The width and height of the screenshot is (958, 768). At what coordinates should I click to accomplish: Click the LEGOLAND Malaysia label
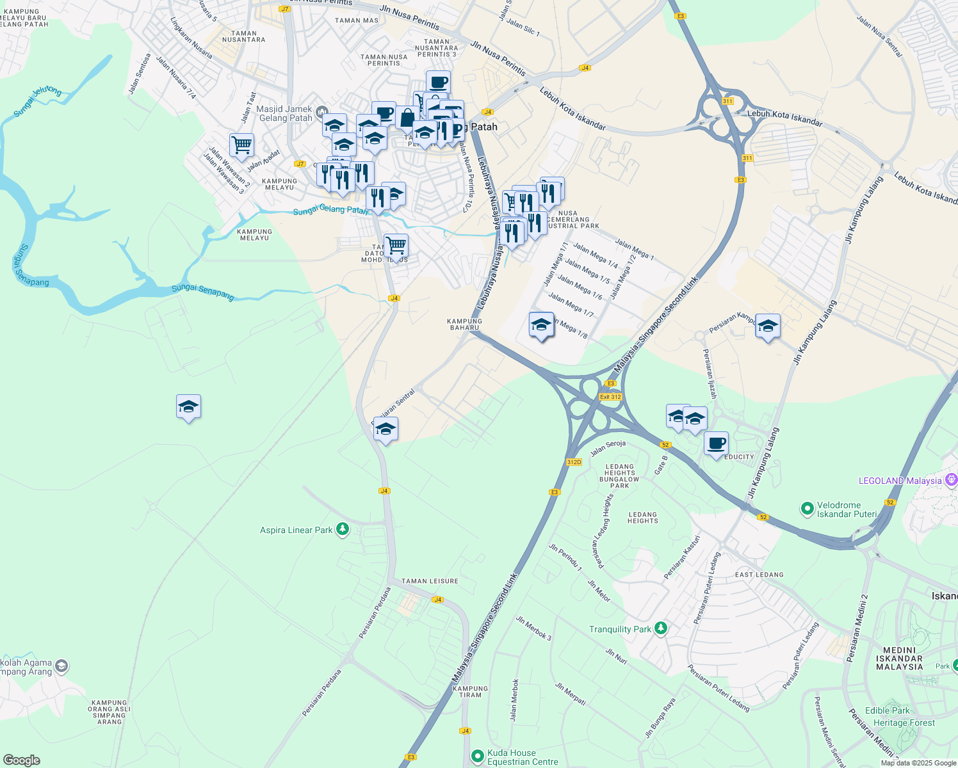(900, 481)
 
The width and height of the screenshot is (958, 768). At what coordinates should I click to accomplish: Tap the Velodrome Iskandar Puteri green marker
(807, 509)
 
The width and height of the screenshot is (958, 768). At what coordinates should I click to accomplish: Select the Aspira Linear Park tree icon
(343, 529)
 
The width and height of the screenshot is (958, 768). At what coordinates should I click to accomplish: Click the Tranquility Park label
(619, 629)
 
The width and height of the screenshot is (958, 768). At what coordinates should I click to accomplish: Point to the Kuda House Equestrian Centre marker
(477, 756)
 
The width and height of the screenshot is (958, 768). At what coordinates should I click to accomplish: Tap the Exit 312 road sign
(610, 397)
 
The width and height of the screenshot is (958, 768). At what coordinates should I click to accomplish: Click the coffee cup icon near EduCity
(716, 443)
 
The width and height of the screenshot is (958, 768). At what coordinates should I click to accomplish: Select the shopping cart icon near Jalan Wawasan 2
(241, 145)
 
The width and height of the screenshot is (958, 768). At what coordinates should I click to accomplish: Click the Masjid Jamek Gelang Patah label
(284, 113)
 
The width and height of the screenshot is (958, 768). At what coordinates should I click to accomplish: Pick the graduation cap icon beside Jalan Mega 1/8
(541, 324)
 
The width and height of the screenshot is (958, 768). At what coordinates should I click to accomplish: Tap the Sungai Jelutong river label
(38, 102)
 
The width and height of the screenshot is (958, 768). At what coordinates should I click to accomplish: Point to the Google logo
(21, 760)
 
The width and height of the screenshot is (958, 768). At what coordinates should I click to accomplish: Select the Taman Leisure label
(430, 581)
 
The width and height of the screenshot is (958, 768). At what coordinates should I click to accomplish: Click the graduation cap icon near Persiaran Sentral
(386, 429)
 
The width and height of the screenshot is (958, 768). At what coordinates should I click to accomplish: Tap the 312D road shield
(574, 462)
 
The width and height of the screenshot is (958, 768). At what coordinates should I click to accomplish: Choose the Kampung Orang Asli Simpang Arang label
(110, 712)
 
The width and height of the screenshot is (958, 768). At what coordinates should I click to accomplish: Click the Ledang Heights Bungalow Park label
(619, 476)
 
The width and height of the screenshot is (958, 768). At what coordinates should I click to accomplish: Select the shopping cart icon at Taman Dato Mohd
(396, 244)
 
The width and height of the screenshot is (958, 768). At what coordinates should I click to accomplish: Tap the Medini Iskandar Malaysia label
(899, 658)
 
